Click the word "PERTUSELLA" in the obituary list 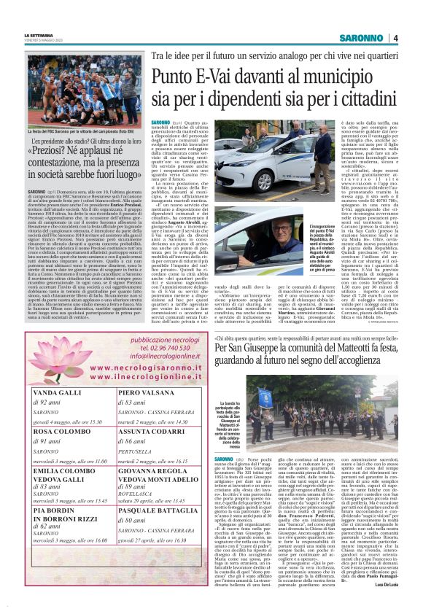[136, 451]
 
